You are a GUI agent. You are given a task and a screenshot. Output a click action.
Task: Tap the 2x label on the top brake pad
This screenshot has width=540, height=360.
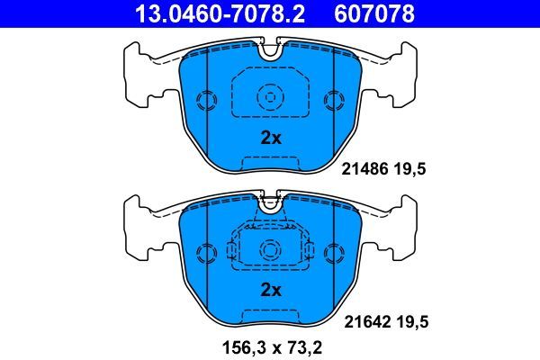pos(271,138)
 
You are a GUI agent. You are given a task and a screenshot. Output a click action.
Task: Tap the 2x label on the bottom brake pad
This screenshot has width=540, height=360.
pos(271,290)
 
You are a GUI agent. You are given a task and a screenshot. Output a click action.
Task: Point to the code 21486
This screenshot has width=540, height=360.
pos(364,166)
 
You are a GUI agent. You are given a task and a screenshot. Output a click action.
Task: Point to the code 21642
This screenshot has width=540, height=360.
pos(364,319)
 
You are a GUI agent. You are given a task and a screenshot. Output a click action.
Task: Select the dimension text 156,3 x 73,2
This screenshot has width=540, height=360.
pos(271,344)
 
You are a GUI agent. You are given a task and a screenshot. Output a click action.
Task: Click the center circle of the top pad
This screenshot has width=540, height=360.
pos(270,96)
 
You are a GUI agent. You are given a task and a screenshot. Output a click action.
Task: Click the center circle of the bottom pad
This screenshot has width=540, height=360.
pos(270,247)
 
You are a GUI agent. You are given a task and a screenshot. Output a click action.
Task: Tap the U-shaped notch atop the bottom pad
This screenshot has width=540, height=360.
pos(270,204)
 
